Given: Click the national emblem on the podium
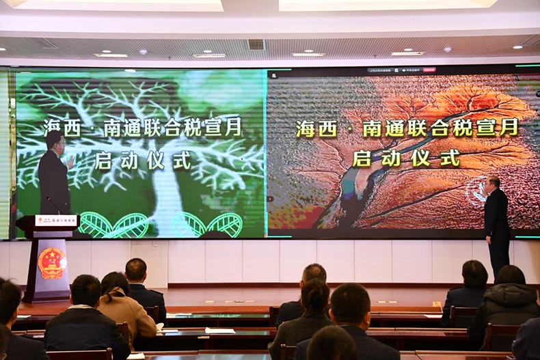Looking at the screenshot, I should click(x=52, y=262).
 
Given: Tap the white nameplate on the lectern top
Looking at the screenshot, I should click(x=56, y=221).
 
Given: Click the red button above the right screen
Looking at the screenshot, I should click(x=429, y=70).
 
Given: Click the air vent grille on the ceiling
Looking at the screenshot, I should click(x=256, y=44).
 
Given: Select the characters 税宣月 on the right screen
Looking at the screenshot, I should click(x=486, y=128).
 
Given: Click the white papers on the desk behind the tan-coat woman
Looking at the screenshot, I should click(x=219, y=331).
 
